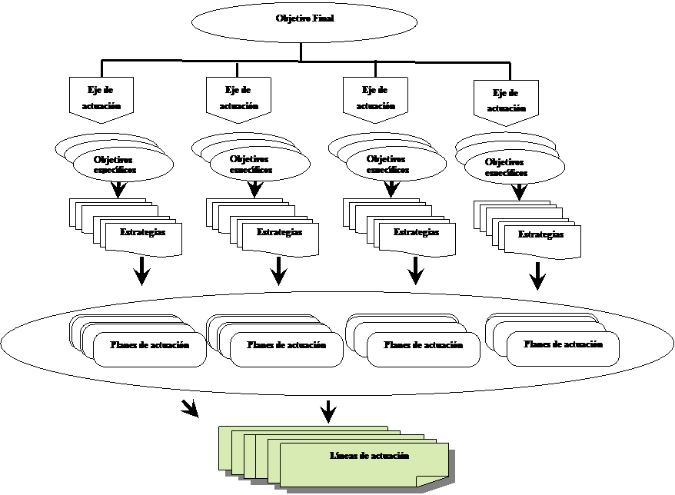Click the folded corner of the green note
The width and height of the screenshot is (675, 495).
tap(427, 481)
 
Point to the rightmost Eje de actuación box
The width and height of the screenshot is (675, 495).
tap(506, 101)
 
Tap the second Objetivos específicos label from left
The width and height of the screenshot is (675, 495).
tap(251, 164)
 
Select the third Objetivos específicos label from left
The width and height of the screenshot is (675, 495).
tap(388, 164)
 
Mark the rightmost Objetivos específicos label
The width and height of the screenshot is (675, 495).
tap(507, 168)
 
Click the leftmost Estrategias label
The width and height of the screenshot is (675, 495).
tap(142, 232)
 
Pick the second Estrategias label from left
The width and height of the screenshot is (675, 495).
tap(279, 232)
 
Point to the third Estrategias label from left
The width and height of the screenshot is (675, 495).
tap(416, 232)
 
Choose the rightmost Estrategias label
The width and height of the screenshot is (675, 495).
tap(540, 234)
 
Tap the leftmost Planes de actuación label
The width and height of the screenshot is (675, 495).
tap(150, 346)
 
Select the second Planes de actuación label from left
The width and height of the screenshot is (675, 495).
tap(287, 346)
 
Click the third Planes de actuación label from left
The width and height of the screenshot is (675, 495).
tap(424, 346)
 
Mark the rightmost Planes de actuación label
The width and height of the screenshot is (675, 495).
tap(563, 344)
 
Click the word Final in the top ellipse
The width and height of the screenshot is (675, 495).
tap(324, 18)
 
